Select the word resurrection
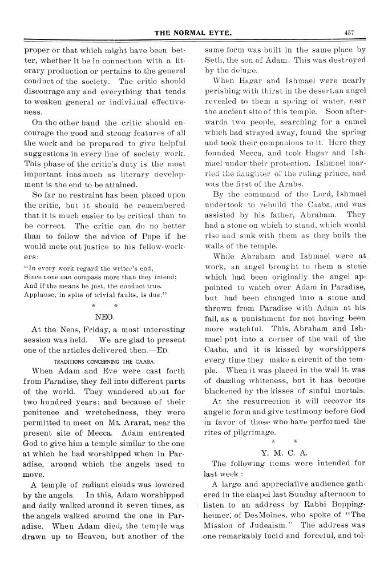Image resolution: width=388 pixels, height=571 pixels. click(253, 400)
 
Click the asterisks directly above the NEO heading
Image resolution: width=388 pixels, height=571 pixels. click(101, 305)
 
